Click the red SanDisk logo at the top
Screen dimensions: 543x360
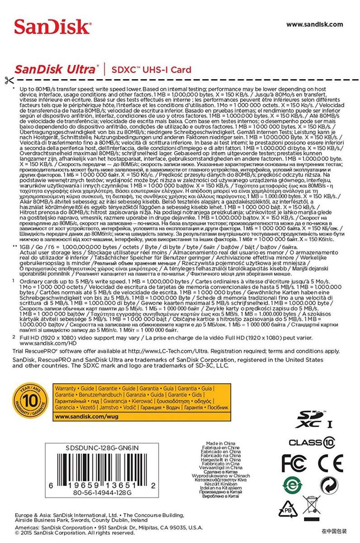(52, 27)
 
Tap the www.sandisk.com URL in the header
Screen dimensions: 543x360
(314, 24)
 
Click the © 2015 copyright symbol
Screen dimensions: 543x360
(18, 533)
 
